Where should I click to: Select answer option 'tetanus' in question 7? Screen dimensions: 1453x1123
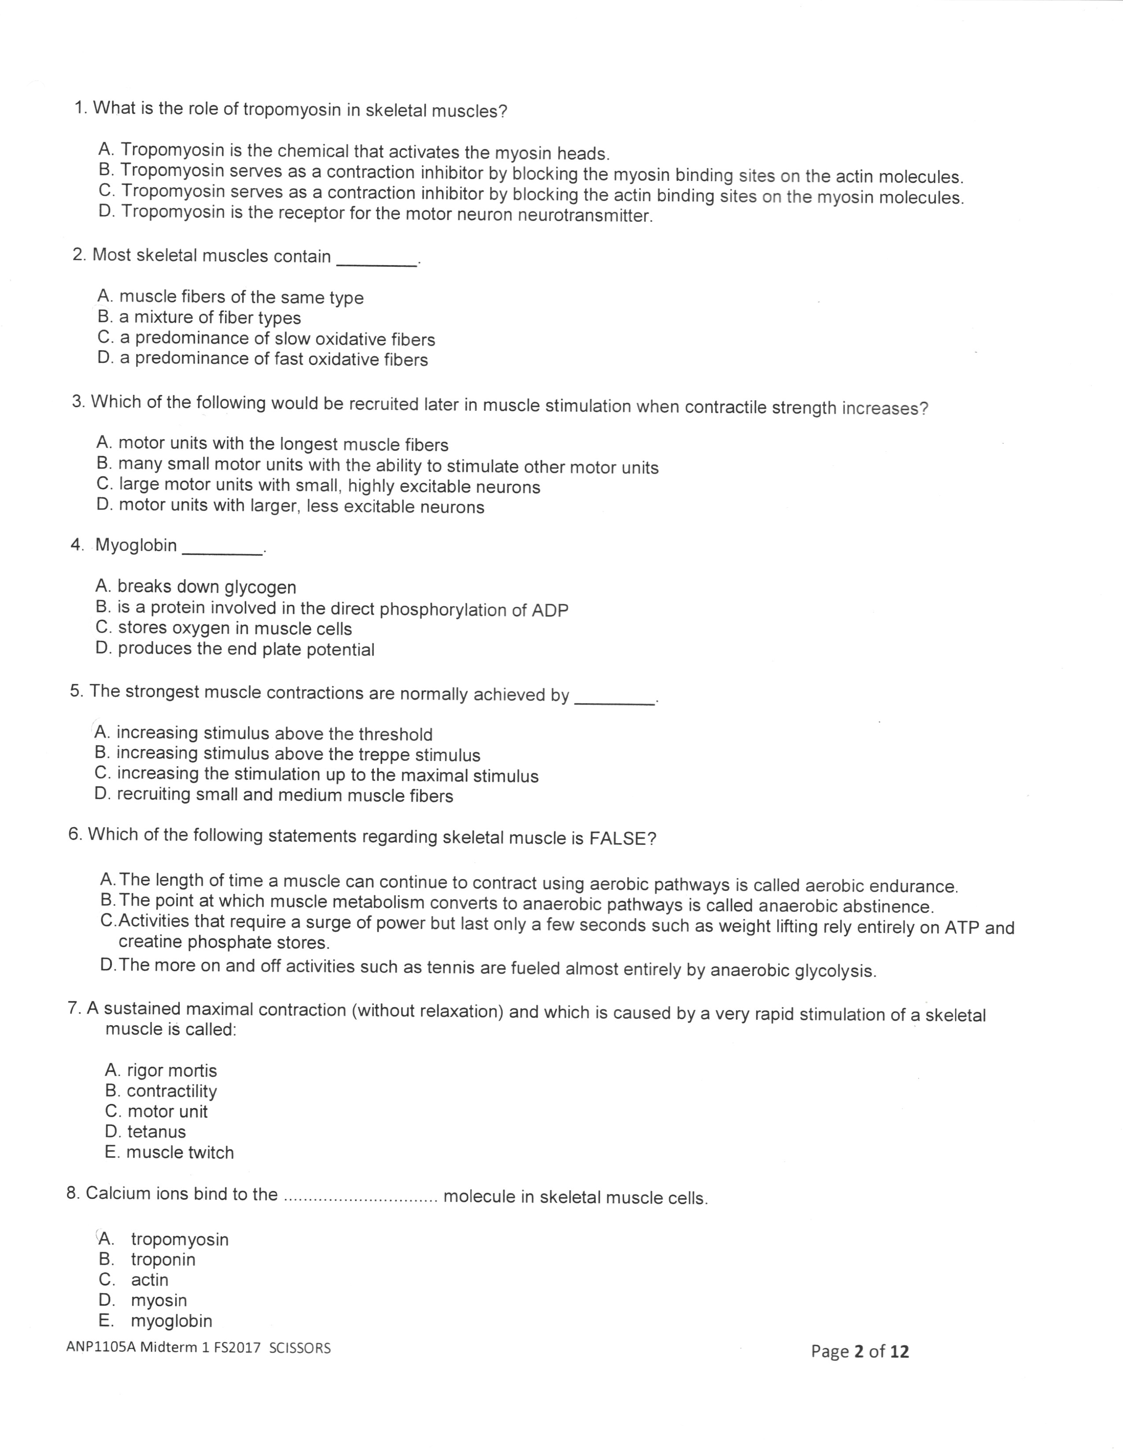[x=156, y=1132]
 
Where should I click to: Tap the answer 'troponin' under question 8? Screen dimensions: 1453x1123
[x=163, y=1259]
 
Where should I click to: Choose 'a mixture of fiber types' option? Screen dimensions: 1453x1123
[x=210, y=318]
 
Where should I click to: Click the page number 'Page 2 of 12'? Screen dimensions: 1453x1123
[x=860, y=1351]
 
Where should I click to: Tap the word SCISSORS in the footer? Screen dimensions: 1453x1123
[x=299, y=1348]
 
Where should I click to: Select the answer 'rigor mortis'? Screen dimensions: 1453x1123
[x=172, y=1070]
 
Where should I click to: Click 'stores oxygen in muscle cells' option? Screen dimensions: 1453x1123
[x=234, y=629]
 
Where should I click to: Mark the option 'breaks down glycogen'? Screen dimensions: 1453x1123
[x=206, y=587]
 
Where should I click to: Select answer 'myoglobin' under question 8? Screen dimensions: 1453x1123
[x=171, y=1320]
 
